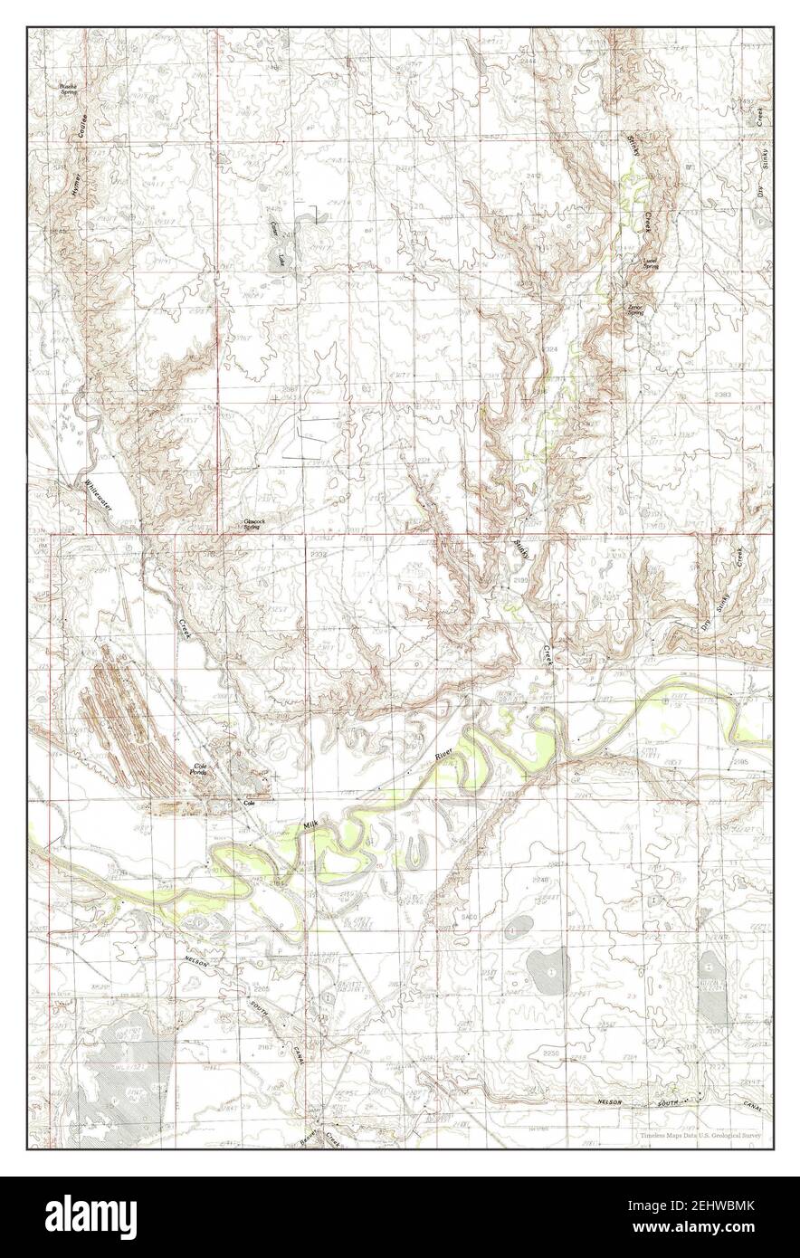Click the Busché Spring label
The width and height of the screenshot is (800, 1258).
[68, 89]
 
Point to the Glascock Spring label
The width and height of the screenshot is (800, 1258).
[250, 524]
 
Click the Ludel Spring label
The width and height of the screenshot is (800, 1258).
[650, 263]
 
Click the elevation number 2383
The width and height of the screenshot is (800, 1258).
[722, 396]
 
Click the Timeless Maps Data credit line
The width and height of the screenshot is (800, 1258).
[700, 1134]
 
